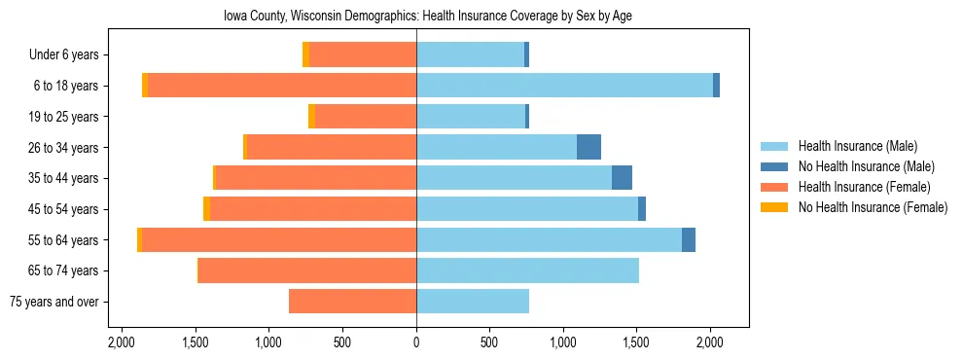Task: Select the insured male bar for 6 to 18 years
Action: click(564, 86)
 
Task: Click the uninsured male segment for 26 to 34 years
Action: click(588, 147)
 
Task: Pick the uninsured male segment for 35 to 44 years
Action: click(622, 178)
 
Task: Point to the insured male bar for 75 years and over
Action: click(473, 302)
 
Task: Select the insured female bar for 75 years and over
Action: click(352, 302)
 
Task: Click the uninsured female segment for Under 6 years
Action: click(305, 54)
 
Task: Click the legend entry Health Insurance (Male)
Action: click(857, 146)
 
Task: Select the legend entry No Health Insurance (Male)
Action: click(866, 166)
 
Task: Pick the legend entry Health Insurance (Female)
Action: click(864, 187)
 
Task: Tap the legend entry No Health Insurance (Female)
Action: click(873, 207)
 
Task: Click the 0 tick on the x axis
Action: click(416, 342)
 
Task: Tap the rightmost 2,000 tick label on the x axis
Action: click(710, 342)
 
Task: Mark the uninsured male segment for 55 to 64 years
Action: click(689, 239)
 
